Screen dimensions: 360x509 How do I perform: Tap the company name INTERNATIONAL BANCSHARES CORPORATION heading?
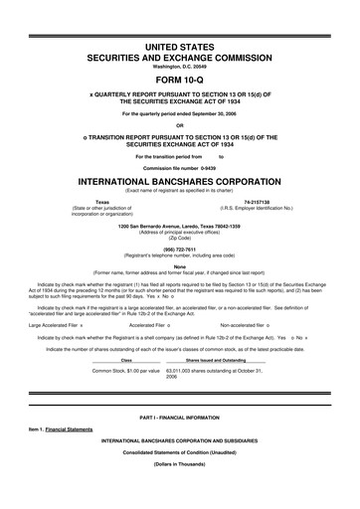point(180,182)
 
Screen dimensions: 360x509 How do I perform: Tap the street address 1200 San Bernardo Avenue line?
point(180,226)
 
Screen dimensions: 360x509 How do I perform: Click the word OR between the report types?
point(180,124)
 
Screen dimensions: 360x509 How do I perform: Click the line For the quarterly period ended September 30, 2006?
point(180,113)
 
